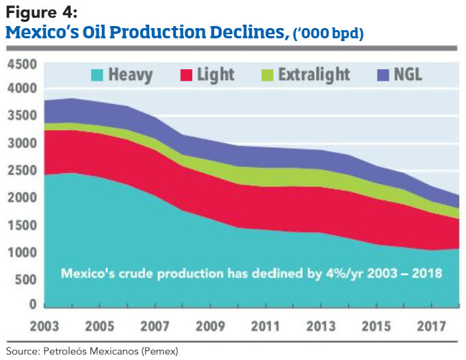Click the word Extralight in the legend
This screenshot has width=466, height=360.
(x=314, y=74)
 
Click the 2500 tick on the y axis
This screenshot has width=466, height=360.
(x=22, y=170)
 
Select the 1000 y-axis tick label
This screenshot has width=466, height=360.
(x=22, y=253)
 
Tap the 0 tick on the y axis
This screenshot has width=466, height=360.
(x=33, y=304)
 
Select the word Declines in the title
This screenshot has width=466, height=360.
(x=235, y=31)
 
